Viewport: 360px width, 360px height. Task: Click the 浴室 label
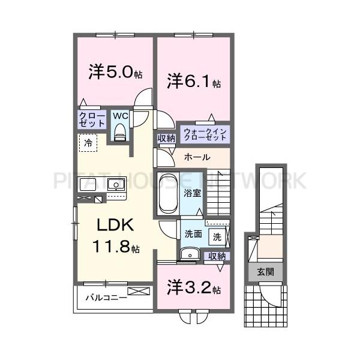point(193,194)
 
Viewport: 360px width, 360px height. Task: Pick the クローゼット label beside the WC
point(92,119)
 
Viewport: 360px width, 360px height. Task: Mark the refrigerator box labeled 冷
point(88,143)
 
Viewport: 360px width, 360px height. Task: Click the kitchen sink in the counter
point(116,184)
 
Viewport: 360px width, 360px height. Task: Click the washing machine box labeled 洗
point(217,236)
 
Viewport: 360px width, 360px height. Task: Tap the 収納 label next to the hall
point(166,139)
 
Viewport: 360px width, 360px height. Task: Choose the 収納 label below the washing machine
point(217,256)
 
